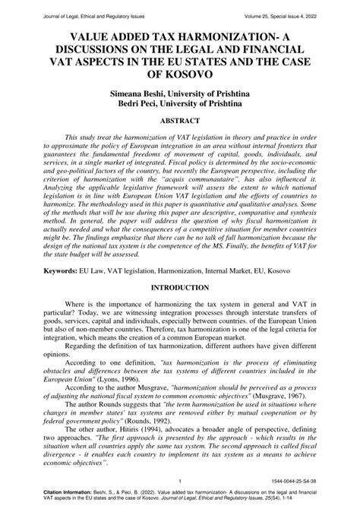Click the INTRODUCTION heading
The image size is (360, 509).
(x=180, y=289)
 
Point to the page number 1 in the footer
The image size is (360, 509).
(x=177, y=482)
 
